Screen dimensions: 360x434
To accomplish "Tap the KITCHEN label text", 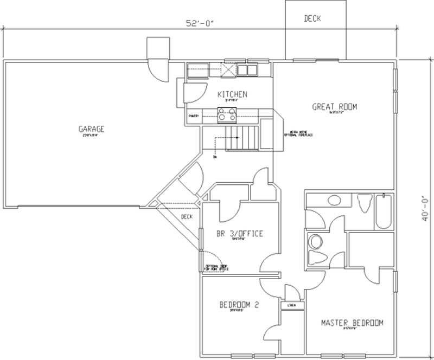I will [x=232, y=94].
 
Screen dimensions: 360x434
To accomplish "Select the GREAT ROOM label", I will [x=334, y=107].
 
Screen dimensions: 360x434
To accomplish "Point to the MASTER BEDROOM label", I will [x=352, y=323].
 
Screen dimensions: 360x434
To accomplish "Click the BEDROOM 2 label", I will [x=239, y=305].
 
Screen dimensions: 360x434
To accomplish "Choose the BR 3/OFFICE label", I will [x=239, y=234].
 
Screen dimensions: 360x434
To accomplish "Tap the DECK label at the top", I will [x=312, y=18].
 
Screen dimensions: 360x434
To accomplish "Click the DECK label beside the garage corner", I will [x=187, y=217].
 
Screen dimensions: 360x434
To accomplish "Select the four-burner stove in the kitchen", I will [x=227, y=114].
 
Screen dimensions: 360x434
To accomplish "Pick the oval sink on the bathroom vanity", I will [x=334, y=200].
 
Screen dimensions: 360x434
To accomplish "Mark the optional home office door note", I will [x=216, y=267].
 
